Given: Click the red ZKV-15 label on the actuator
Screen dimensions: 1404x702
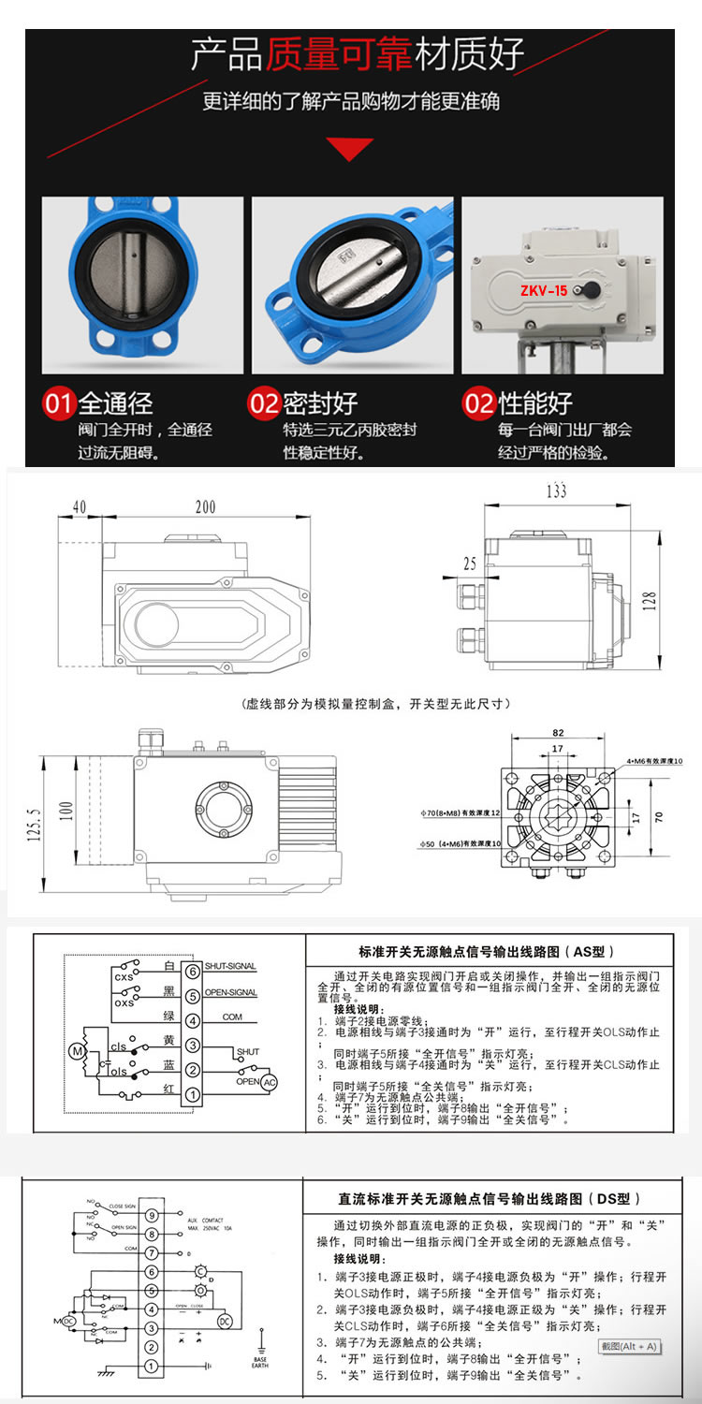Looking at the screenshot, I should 544,290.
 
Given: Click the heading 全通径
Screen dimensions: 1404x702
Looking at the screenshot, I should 115,403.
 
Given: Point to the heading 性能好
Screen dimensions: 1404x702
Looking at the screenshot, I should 534,403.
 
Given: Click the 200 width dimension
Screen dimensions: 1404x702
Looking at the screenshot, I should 204,507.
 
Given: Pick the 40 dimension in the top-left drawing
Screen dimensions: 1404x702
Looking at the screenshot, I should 79,507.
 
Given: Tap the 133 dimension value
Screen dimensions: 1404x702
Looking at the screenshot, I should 557,490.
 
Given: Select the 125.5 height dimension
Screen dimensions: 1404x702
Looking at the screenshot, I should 35,818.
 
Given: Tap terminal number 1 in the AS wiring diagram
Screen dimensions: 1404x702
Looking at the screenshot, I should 191,1093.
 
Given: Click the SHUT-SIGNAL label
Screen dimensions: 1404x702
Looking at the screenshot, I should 229,966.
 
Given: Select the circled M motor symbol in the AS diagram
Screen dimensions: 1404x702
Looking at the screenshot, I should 77,1051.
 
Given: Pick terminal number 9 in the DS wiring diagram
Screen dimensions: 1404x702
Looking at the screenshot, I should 150,1214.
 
